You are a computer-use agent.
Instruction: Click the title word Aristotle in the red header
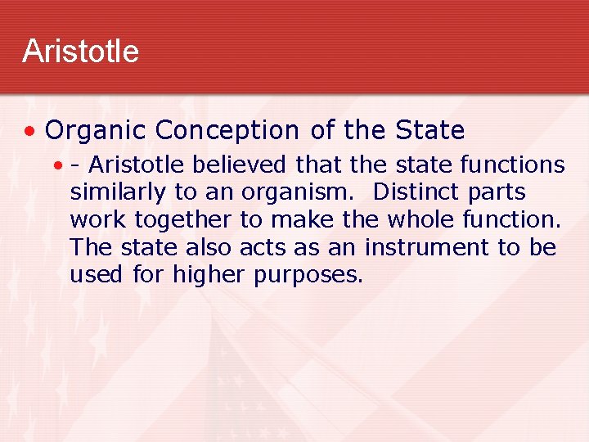coord(80,51)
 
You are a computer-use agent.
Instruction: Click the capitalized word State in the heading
coord(429,130)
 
